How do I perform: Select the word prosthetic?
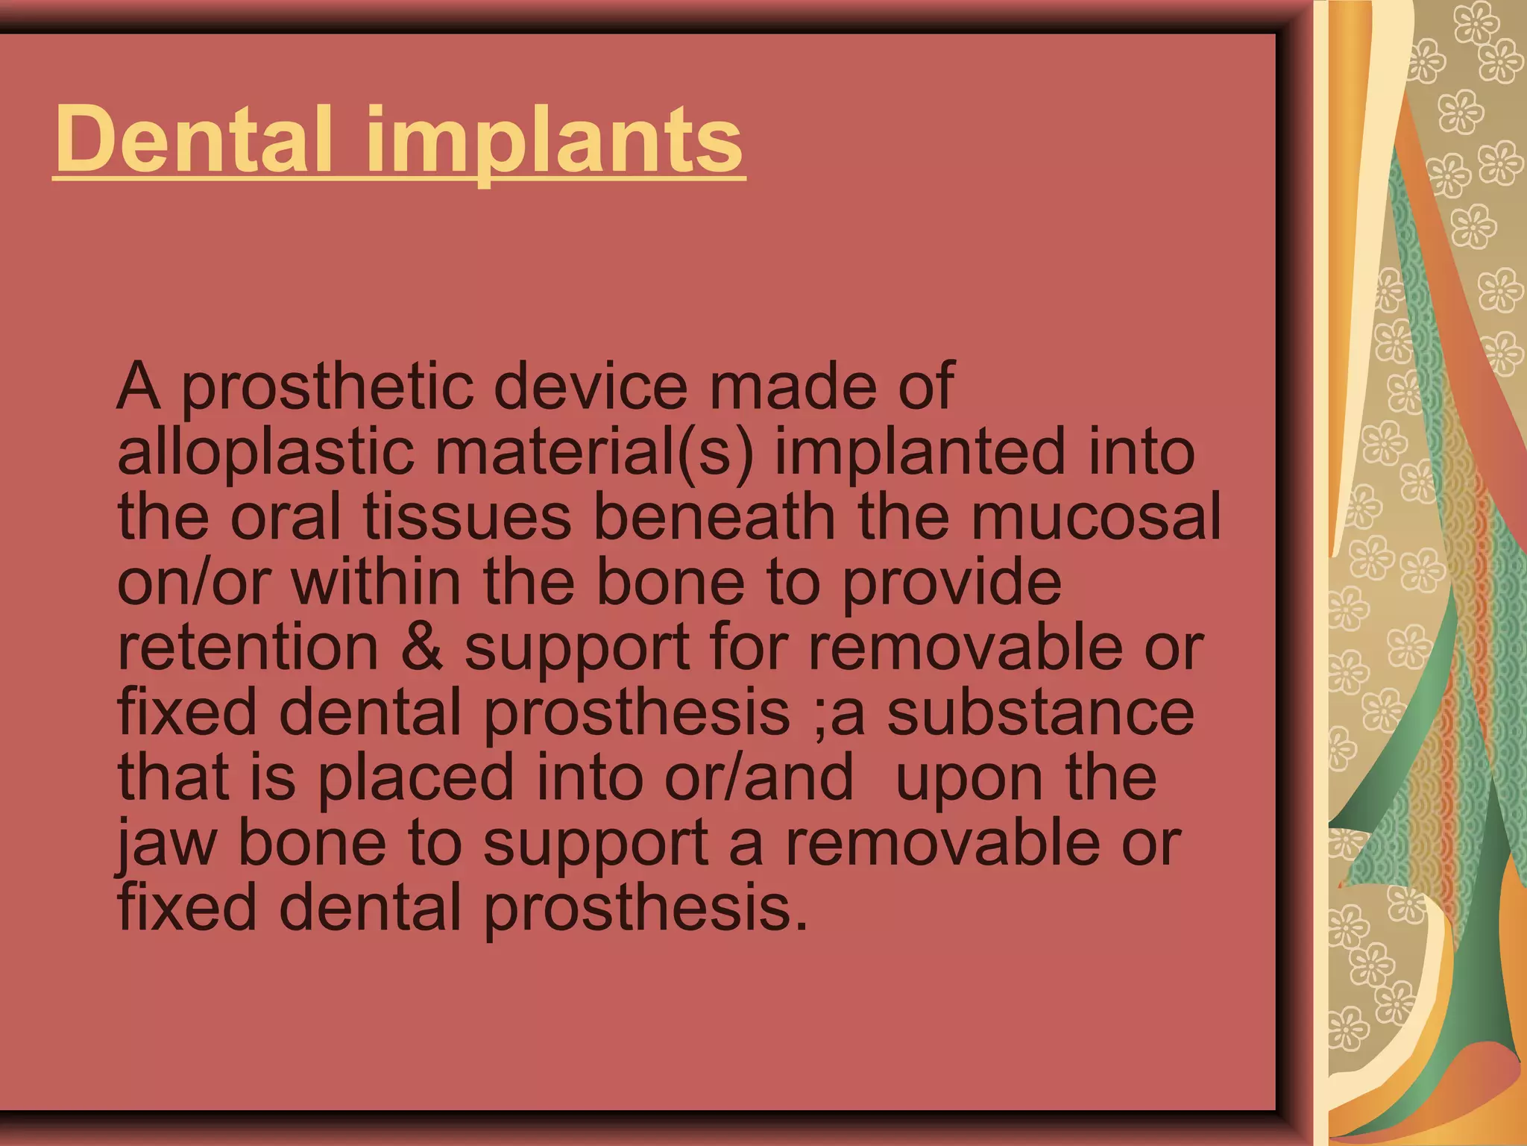click(x=328, y=388)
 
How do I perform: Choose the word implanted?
click(x=920, y=454)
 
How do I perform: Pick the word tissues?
click(x=467, y=517)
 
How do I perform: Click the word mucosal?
click(x=1095, y=517)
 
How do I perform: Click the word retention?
click(x=248, y=648)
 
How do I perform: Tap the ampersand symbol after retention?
click(x=422, y=648)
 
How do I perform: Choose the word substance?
click(x=1041, y=713)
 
